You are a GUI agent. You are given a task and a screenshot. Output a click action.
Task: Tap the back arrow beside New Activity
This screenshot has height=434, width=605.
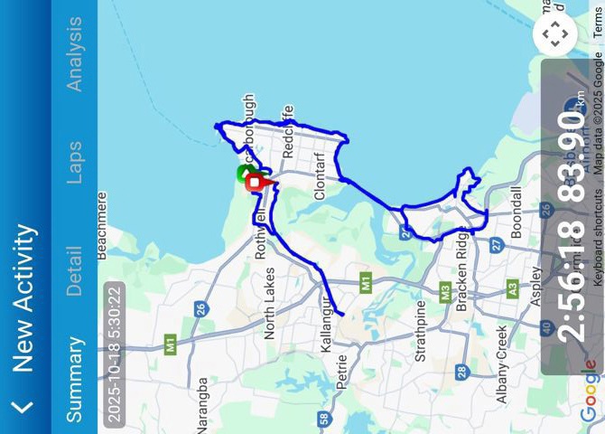coord(23,407)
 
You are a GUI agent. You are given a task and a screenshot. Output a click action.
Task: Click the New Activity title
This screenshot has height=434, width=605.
coord(23,298)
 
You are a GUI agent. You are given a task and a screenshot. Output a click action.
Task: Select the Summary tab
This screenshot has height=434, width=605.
coord(74,380)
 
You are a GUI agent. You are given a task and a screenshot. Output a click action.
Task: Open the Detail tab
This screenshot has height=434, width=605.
coord(74,271)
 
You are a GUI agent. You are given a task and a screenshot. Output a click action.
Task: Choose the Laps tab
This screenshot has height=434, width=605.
coord(74,163)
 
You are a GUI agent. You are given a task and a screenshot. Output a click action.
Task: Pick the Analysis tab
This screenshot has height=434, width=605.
coord(74,54)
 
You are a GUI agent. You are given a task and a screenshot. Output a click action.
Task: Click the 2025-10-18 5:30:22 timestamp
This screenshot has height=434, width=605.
coord(113,353)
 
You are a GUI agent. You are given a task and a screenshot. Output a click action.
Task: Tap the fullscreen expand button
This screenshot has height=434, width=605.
coord(554,35)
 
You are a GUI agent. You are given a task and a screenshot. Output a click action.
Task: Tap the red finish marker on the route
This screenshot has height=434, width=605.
coord(256,183)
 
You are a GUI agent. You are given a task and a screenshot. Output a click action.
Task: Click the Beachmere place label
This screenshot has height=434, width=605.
coord(102,226)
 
